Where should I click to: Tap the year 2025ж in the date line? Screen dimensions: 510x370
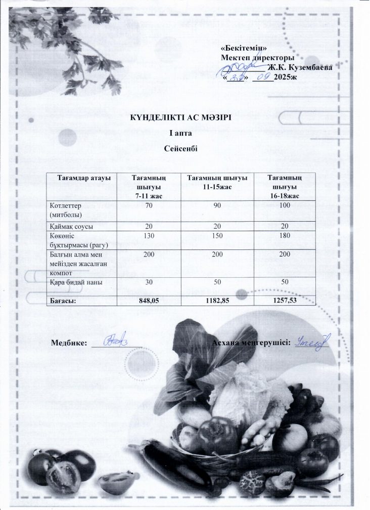(285, 78)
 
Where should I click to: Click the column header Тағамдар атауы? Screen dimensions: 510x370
(80, 178)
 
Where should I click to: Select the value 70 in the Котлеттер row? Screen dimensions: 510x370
(149, 206)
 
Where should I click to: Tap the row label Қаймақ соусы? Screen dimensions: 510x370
(71, 226)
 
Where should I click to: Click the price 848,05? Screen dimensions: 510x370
(149, 301)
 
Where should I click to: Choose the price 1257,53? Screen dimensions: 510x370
(285, 301)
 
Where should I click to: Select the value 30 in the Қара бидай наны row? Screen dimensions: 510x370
(149, 282)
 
